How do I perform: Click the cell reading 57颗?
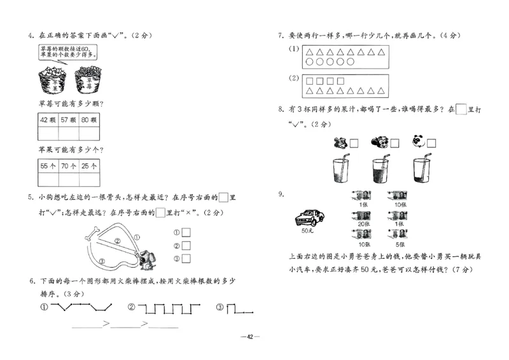pyautogui.click(x=68, y=120)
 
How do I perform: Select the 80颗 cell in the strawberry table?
pyautogui.click(x=88, y=120)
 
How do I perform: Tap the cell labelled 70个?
pyautogui.click(x=68, y=166)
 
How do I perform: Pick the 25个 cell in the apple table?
pyautogui.click(x=88, y=166)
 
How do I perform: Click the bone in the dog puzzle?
pyautogui.click(x=91, y=233)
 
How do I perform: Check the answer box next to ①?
pyautogui.click(x=186, y=232)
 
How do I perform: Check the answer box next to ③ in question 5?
pyautogui.click(x=186, y=258)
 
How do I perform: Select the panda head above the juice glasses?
pyautogui.click(x=417, y=141)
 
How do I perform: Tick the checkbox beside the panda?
pyautogui.click(x=432, y=144)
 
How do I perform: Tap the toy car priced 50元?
pyautogui.click(x=310, y=218)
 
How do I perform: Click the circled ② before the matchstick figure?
pyautogui.click(x=131, y=308)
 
